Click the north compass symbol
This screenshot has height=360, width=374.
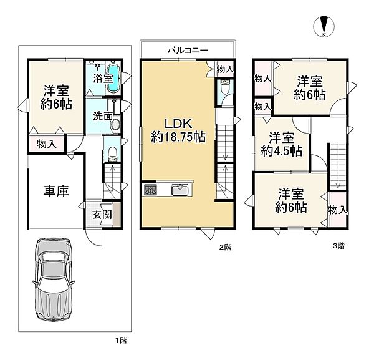pyautogui.click(x=324, y=26)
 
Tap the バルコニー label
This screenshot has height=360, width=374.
pyautogui.click(x=188, y=51)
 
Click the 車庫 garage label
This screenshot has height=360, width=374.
pyautogui.click(x=56, y=191)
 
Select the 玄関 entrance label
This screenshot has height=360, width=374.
pyautogui.click(x=102, y=215)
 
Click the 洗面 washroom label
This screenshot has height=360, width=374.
pyautogui.click(x=103, y=116)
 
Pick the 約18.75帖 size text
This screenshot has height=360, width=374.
pyautogui.click(x=178, y=137)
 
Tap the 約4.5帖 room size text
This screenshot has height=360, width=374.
pyautogui.click(x=282, y=151)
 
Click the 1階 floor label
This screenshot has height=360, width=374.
pyautogui.click(x=121, y=340)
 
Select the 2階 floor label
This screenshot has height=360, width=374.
pyautogui.click(x=225, y=247)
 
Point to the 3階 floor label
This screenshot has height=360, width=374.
pyautogui.click(x=338, y=246)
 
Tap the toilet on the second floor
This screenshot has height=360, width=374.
pyautogui.click(x=225, y=87)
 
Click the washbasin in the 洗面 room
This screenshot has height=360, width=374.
pyautogui.click(x=116, y=124)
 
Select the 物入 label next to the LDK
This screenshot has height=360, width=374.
pyautogui.click(x=225, y=69)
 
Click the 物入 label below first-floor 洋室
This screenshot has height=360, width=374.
pyautogui.click(x=47, y=144)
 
